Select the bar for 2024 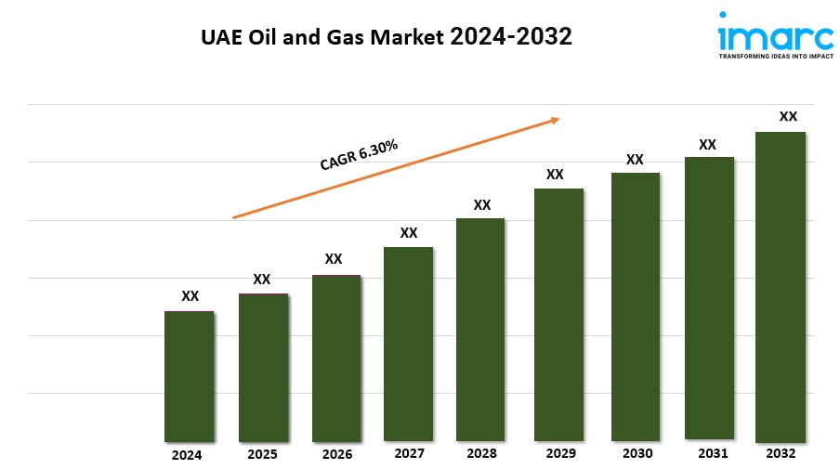point(190,376)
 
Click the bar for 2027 point(409,344)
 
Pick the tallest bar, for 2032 point(780,287)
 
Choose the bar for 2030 point(635,306)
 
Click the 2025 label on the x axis point(262,455)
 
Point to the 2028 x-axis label point(481,453)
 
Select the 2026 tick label point(336,455)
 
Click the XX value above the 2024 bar point(190,296)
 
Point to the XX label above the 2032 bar point(788,117)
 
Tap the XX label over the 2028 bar point(481,204)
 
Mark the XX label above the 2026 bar point(334,259)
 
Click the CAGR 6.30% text point(359,155)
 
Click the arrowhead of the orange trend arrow point(555,119)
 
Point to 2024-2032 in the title point(510,38)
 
